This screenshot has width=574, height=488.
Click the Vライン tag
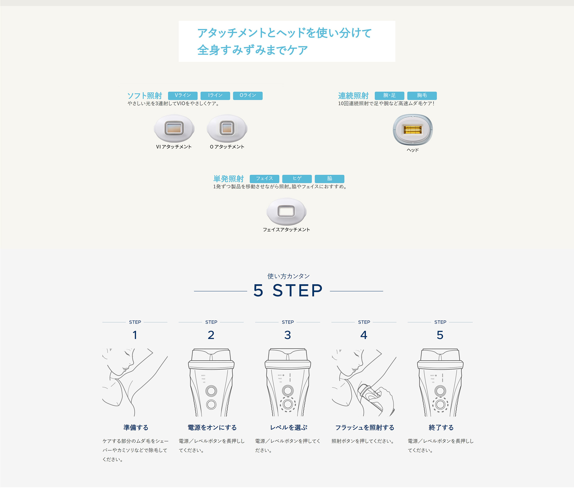pyautogui.click(x=183, y=95)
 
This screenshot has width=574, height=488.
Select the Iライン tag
pyautogui.click(x=215, y=95)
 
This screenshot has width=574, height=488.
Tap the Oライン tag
pyautogui.click(x=248, y=95)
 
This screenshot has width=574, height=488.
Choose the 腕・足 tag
pyautogui.click(x=389, y=95)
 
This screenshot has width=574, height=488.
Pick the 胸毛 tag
pyautogui.click(x=422, y=95)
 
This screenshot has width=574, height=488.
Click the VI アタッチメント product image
pyautogui.click(x=174, y=128)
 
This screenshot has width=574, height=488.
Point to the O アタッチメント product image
pyautogui.click(x=227, y=128)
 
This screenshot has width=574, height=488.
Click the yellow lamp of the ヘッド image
pyautogui.click(x=412, y=129)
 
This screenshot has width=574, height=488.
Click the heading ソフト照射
pyautogui.click(x=144, y=96)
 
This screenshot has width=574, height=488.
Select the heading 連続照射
pyautogui.click(x=353, y=96)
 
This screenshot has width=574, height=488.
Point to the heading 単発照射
pyautogui.click(x=228, y=179)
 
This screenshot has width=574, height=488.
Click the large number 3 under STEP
pyautogui.click(x=288, y=335)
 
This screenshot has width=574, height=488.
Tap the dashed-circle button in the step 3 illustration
pyautogui.click(x=288, y=404)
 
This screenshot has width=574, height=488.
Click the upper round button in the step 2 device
pyautogui.click(x=211, y=391)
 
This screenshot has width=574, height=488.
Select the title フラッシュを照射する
pyautogui.click(x=365, y=428)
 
